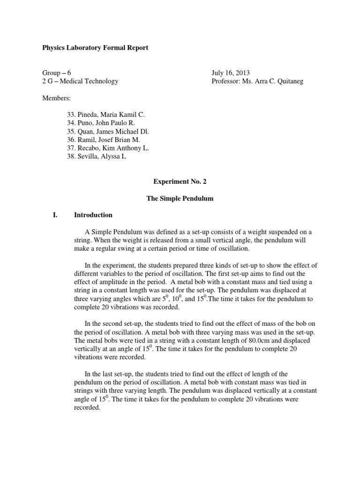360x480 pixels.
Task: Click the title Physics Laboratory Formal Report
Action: [x=95, y=48]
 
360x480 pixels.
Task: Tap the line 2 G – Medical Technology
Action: [x=80, y=81]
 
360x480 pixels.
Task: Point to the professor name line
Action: [x=257, y=81]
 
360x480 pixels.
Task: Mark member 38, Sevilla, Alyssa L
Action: [x=97, y=157]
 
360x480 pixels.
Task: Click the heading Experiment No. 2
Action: [x=180, y=181]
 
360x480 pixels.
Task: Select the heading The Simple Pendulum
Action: [x=180, y=198]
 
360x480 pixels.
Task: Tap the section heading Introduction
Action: [x=93, y=215]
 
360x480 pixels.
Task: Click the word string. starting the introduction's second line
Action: [x=82, y=240]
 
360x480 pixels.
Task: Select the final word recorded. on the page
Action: [x=88, y=408]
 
